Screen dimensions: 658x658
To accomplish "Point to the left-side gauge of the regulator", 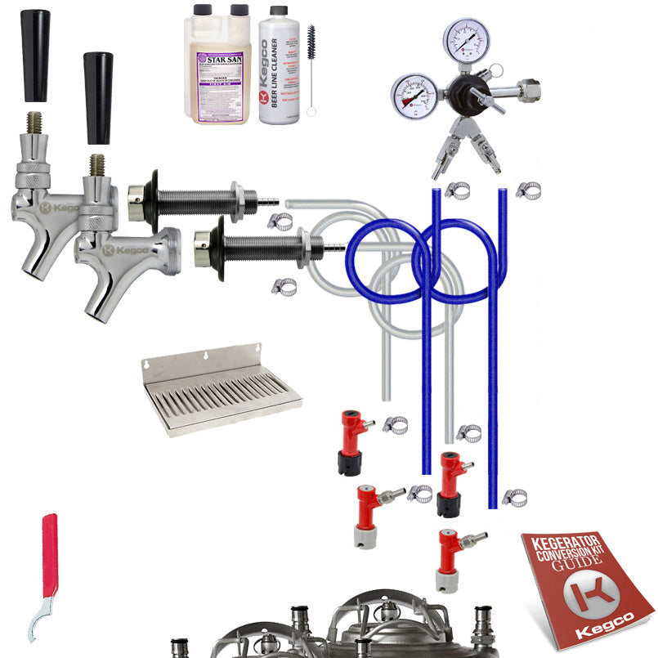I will click(413, 95).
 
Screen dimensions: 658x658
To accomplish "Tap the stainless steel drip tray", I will click(221, 392).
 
